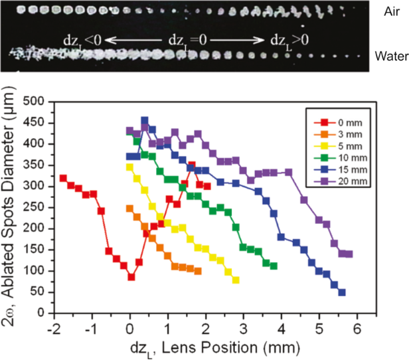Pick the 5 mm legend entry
[334, 144]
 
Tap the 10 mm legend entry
[335, 155]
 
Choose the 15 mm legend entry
[335, 167]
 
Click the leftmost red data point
[63, 178]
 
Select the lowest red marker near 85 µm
[131, 277]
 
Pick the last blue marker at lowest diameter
[342, 292]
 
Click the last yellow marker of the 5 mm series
[236, 280]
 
